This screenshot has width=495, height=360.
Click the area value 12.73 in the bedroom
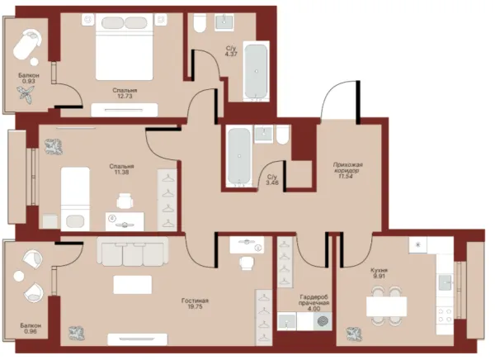pos(125,97)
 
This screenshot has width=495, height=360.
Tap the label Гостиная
pos(195,301)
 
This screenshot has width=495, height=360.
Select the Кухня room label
pos(379,270)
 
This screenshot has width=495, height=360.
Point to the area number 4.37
pos(231,54)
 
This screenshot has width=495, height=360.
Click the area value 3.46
pos(272,182)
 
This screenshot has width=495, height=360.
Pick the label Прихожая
pos(348,164)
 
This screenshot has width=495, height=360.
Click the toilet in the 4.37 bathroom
pos(200,23)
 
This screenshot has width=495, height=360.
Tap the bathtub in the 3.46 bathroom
pos(239,155)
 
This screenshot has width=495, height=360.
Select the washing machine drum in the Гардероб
pos(323,321)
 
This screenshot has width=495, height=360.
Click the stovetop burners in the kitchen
pos(445,315)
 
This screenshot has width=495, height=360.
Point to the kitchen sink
pos(445,281)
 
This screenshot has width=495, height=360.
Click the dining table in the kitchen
pos(386,306)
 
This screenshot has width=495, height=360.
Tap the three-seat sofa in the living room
pos(133,252)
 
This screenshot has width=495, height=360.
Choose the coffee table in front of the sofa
pos(133,285)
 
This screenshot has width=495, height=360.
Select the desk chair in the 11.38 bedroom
pos(125,201)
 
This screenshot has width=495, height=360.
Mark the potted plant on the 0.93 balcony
pos(26,94)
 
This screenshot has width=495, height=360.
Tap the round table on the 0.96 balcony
pos(19,277)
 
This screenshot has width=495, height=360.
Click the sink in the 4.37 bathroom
pos(224,22)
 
